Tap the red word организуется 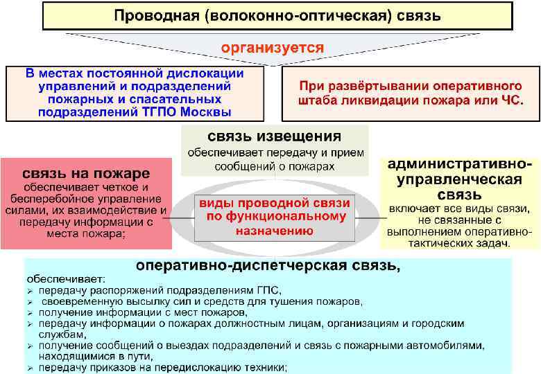[272, 48]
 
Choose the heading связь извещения [274, 136]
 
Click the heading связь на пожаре [86, 172]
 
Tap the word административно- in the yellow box [461, 165]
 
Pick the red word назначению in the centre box [274, 231]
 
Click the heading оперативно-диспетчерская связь [268, 265]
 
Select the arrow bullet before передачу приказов [30, 368]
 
